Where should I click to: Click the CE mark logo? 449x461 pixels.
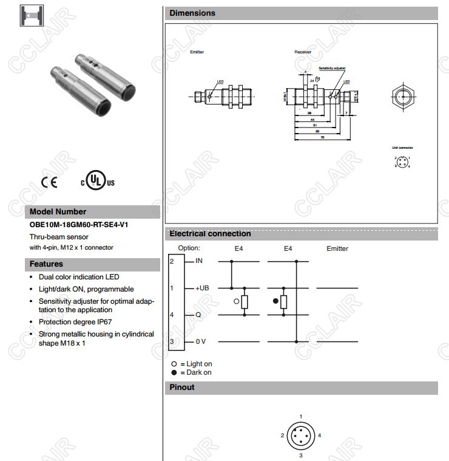pos(49,182)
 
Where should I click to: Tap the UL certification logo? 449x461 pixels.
pos(97,181)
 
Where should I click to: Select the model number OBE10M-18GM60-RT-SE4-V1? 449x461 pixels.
pos(79,225)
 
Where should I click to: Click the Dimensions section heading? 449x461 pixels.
pos(192,13)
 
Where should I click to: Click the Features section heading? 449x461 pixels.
pos(46,264)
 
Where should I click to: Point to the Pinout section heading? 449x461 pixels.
pos(182,387)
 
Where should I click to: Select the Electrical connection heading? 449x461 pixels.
pos(210,234)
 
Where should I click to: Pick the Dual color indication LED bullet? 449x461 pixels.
pos(79,277)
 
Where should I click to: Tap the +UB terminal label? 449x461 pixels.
pos(202,288)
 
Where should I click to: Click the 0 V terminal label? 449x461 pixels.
pos(201,342)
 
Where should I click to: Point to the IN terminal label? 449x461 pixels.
pos(200,261)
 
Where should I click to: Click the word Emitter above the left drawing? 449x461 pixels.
pos(197,52)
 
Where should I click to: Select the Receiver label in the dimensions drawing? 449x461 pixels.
pos(303,52)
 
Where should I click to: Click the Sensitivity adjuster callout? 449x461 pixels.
pos(332,69)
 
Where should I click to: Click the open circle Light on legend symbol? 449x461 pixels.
pos(174,364)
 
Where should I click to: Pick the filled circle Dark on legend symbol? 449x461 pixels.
pos(174,372)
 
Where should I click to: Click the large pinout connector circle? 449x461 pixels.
pos(301,435)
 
